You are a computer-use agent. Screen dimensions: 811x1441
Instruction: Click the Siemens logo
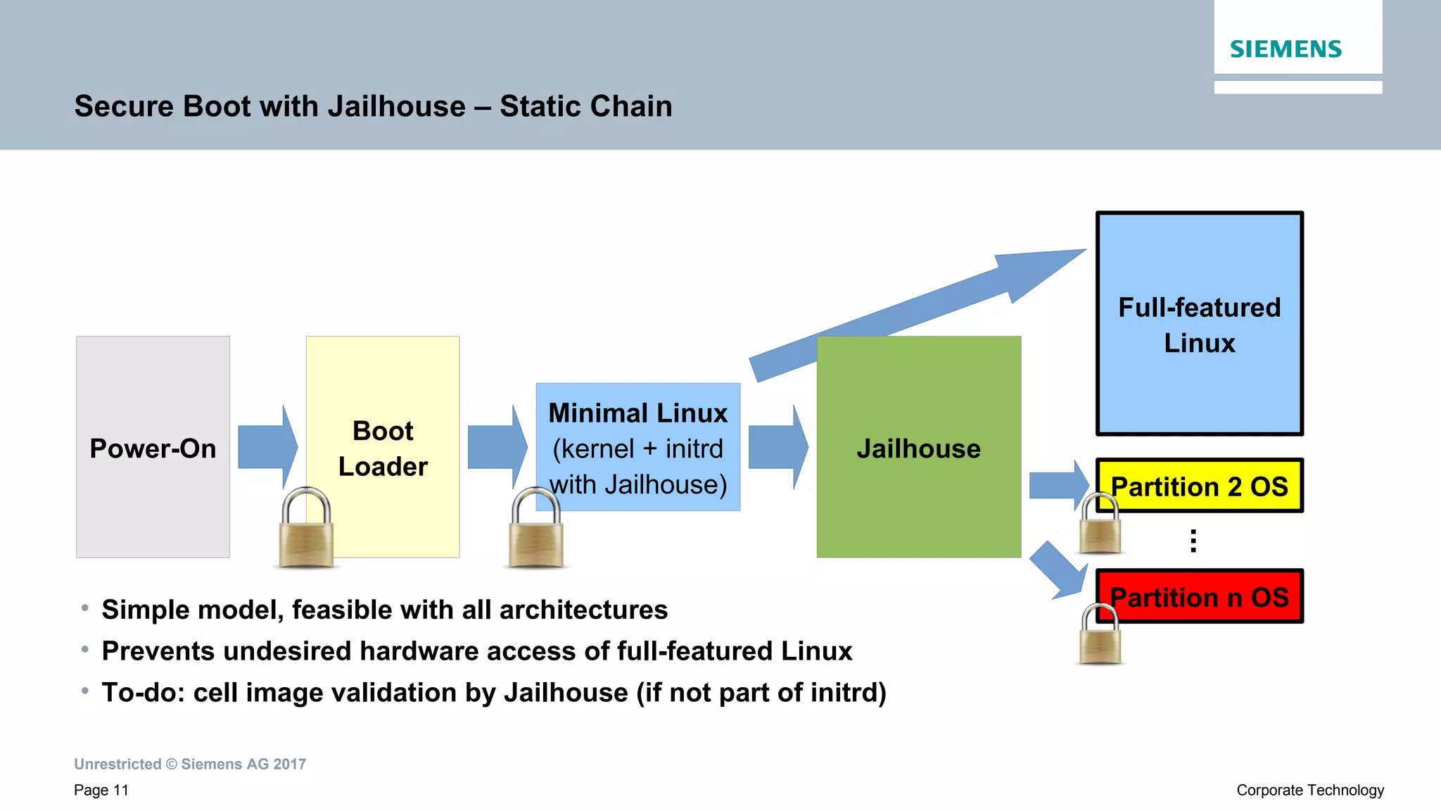pos(1286,49)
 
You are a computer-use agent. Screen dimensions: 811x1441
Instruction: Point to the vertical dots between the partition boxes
pos(1193,541)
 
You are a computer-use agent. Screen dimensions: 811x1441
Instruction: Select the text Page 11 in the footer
pos(101,790)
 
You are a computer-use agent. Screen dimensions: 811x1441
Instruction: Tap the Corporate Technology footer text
pos(1310,790)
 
